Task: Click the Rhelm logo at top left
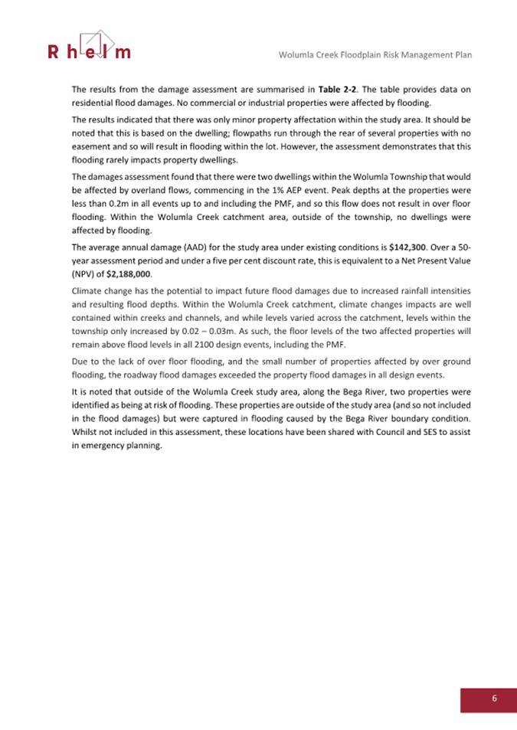tap(90, 46)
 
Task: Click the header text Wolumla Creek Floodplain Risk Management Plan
tap(375, 55)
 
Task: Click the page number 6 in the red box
tap(494, 698)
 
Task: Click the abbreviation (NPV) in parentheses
tap(84, 273)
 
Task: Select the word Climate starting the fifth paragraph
tap(88, 292)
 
